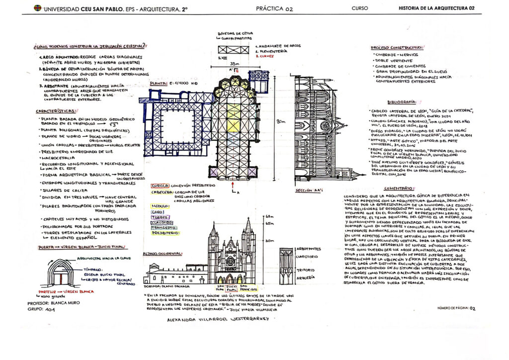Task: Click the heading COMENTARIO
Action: tap(398, 188)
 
